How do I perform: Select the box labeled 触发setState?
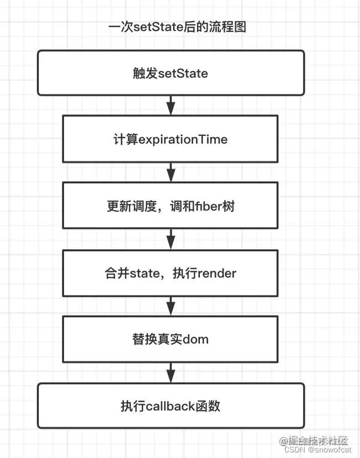tap(171, 73)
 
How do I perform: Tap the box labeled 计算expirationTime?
tap(171, 139)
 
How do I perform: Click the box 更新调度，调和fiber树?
tap(171, 206)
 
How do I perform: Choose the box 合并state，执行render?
tap(171, 273)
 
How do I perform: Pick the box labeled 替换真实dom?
tap(171, 339)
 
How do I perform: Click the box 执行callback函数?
tap(171, 406)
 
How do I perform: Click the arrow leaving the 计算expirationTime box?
tap(171, 172)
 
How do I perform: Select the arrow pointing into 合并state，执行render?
tap(171, 239)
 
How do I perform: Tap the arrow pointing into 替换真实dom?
tap(171, 306)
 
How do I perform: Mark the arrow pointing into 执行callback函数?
tap(171, 372)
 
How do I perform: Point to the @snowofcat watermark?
tap(330, 450)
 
